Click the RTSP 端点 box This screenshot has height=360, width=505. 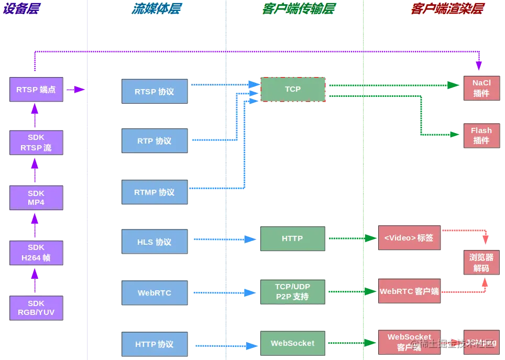click(x=36, y=89)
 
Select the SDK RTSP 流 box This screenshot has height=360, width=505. click(x=36, y=143)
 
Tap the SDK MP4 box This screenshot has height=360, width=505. click(x=36, y=198)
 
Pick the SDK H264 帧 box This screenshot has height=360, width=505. click(x=36, y=253)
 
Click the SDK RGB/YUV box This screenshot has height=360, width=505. click(x=36, y=308)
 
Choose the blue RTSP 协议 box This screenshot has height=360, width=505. click(x=155, y=91)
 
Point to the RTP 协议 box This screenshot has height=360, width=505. click(x=155, y=140)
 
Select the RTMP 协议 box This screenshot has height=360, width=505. click(x=155, y=192)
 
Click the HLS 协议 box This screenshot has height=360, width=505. click(x=155, y=242)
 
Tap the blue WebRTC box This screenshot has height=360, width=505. click(x=155, y=293)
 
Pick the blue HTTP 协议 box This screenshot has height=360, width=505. click(x=155, y=344)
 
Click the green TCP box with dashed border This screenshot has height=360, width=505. click(x=293, y=89)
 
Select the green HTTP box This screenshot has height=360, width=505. click(x=292, y=238)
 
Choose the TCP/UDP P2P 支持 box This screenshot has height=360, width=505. click(x=292, y=292)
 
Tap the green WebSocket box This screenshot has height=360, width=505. click(x=292, y=343)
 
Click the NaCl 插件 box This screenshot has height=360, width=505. click(x=481, y=88)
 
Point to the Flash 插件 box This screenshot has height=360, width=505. click(x=481, y=135)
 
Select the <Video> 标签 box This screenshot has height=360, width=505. click(x=409, y=238)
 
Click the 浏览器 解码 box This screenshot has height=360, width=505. click(x=481, y=263)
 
